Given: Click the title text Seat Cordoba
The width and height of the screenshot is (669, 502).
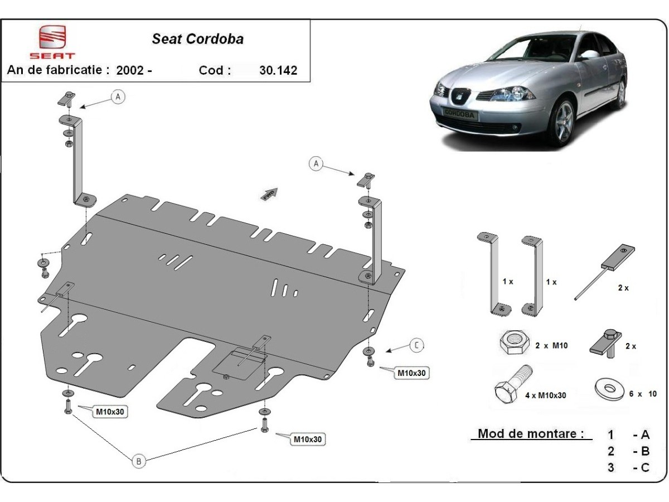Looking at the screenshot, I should point(198,40).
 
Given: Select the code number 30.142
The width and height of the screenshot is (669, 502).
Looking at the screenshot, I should point(278,70).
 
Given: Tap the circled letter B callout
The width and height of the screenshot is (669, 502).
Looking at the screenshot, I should point(139,461).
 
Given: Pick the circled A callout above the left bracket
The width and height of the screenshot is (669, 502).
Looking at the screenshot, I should point(118,97).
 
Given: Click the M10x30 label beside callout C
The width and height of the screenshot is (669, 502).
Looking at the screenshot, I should point(412,373).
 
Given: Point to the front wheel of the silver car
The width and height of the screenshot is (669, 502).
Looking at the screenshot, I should point(564,123).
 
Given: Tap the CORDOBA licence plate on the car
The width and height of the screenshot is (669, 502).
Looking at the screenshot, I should point(459,115).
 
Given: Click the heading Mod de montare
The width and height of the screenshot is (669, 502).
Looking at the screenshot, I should point(531,433).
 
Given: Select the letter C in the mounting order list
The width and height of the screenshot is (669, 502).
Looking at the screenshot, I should point(645,467).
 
